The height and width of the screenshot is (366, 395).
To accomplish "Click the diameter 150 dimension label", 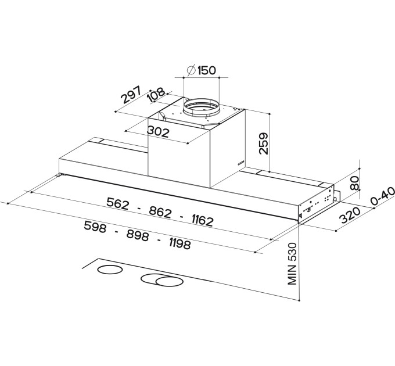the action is pyautogui.click(x=202, y=70).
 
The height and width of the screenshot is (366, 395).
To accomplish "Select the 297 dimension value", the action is pyautogui.click(x=131, y=95).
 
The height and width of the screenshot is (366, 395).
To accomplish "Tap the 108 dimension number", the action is pyautogui.click(x=156, y=95).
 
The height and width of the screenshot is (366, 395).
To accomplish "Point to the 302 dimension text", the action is pyautogui.click(x=158, y=132).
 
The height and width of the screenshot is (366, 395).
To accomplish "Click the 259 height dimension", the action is pyautogui.click(x=263, y=143).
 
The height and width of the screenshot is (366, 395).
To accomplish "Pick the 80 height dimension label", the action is pyautogui.click(x=354, y=183).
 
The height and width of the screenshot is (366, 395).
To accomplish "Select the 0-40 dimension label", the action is pyautogui.click(x=382, y=196).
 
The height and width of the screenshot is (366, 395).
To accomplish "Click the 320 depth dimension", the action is pyautogui.click(x=350, y=215).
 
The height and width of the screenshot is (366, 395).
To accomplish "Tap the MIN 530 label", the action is pyautogui.click(x=292, y=264).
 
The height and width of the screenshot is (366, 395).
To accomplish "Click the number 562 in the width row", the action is pyautogui.click(x=118, y=203).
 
